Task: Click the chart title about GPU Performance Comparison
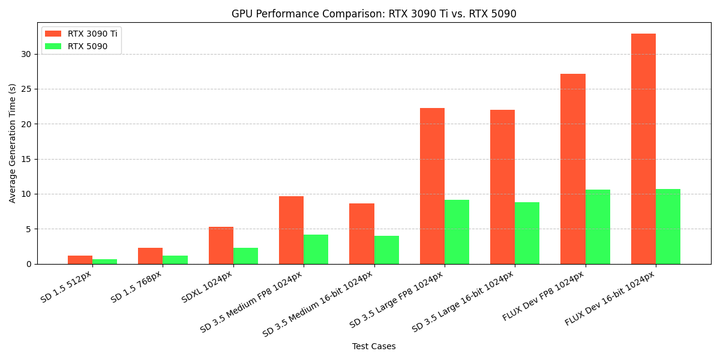click(374, 14)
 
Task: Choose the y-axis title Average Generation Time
click(13, 143)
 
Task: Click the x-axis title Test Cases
click(374, 347)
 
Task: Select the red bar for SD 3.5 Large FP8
click(432, 186)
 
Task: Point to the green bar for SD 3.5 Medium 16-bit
click(386, 250)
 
